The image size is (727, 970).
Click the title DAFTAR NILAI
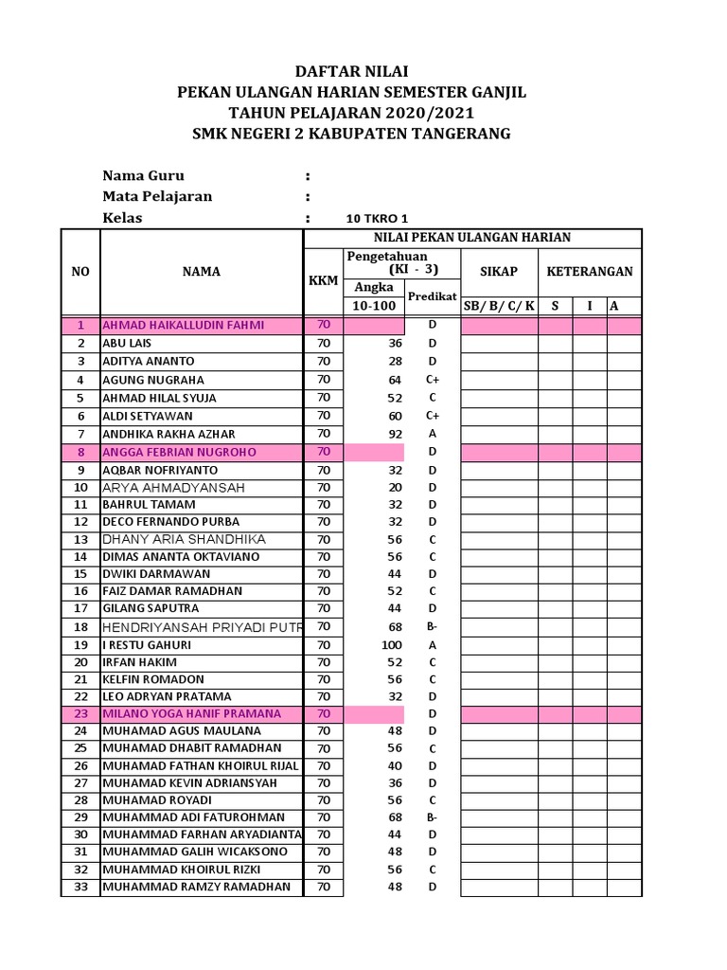point(351,71)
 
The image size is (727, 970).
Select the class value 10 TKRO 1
point(377,218)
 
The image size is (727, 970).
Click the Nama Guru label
point(143,175)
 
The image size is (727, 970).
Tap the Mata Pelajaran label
point(157,196)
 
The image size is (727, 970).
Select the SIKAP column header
point(498,271)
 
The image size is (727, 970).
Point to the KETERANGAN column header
point(590,271)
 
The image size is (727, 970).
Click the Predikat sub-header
point(432,296)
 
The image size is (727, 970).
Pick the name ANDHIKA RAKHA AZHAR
point(168,434)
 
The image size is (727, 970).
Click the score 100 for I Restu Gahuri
point(391,645)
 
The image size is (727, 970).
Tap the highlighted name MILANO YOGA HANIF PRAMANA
point(191,713)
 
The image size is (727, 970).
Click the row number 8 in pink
point(80,452)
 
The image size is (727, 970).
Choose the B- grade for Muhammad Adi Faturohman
point(432,817)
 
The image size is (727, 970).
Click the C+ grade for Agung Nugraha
point(432,380)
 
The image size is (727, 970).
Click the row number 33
point(80,887)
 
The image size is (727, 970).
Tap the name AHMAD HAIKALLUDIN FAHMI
point(184,325)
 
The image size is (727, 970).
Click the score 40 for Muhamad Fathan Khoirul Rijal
point(395,765)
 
